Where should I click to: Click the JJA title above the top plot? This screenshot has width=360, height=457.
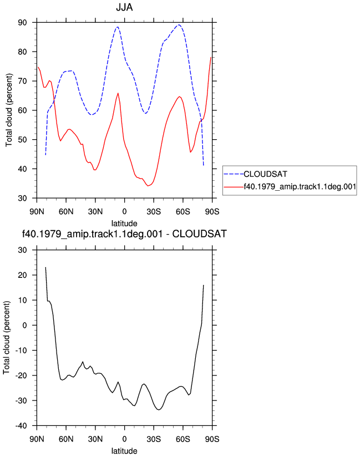coord(124,7)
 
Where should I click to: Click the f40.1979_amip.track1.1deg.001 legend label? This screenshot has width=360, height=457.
coord(300,186)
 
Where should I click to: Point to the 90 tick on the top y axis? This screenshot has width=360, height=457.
coord(22,22)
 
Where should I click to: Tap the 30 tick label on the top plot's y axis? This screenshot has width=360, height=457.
coord(22,198)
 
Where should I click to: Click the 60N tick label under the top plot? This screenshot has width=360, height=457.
coord(66,212)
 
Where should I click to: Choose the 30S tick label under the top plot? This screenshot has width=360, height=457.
coord(154,212)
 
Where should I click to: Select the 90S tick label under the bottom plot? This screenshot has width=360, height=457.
coord(212,439)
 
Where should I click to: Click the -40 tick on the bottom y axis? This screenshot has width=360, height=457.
coord(21,426)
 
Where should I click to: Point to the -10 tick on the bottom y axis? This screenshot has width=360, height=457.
coord(21,351)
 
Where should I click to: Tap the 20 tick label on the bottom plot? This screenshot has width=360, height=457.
coord(22,275)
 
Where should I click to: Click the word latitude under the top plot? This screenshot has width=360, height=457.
coord(124,224)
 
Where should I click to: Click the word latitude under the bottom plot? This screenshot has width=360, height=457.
coord(124,451)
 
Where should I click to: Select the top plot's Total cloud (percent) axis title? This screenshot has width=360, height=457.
coord(9,110)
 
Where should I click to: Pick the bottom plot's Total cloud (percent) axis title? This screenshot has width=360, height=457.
coord(7,338)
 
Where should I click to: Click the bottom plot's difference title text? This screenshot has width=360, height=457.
coord(124,233)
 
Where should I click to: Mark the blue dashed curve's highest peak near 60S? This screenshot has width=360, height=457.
coord(179,25)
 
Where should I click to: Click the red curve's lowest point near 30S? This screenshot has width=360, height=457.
coord(148,186)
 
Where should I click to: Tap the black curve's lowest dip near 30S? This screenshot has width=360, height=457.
coord(158,410)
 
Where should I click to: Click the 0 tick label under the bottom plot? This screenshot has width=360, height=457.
coord(124,439)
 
